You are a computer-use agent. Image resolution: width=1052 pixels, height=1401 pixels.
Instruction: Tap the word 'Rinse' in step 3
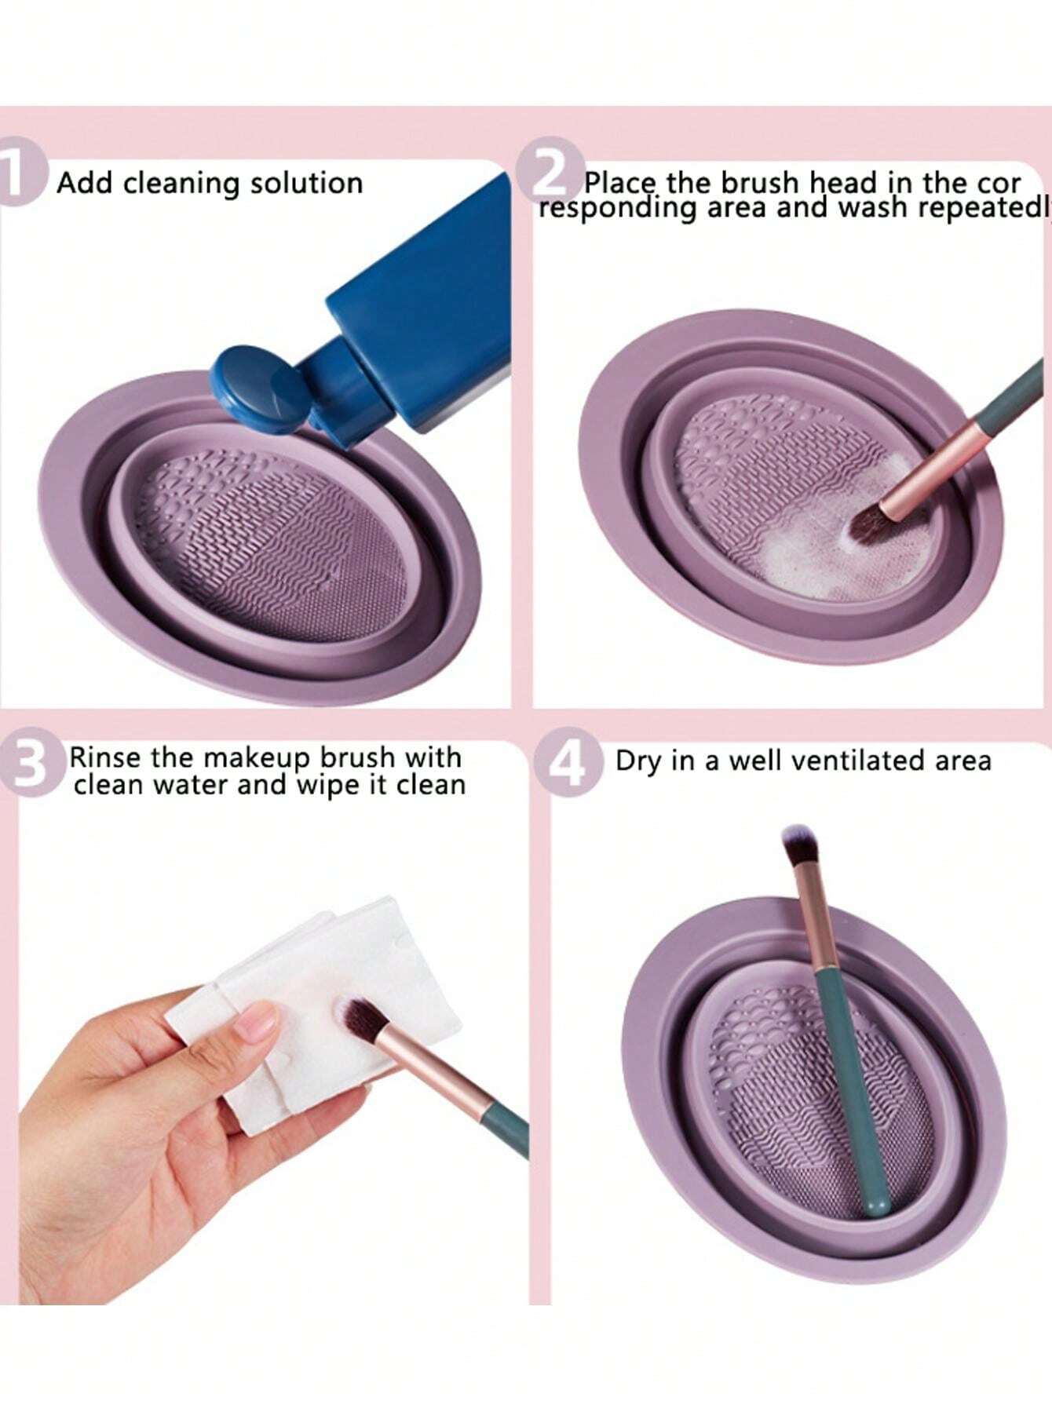click(x=106, y=757)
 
